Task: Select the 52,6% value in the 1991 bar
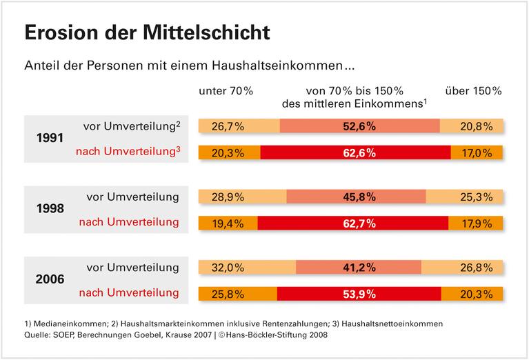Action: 361,126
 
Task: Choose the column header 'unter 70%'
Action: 226,90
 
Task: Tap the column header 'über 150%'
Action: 474,90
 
